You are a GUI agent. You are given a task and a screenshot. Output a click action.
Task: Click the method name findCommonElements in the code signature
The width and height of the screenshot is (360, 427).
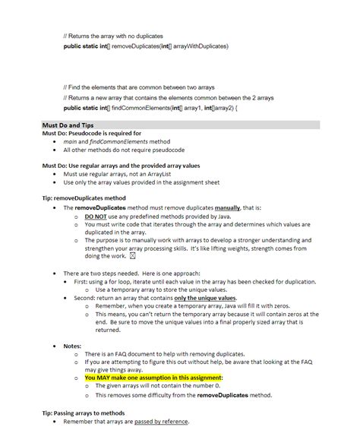tap(137, 108)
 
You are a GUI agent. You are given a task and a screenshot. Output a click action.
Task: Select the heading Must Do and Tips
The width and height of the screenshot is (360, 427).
tap(67, 125)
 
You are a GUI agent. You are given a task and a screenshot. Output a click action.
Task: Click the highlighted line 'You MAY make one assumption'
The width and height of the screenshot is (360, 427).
tap(153, 378)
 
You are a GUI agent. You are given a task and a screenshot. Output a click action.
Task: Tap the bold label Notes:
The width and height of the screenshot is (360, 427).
tap(72, 346)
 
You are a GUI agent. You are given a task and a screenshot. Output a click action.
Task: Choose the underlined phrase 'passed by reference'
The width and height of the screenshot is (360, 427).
tap(162, 422)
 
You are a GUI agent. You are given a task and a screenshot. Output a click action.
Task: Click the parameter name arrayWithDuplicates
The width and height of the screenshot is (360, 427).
tap(197, 46)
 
